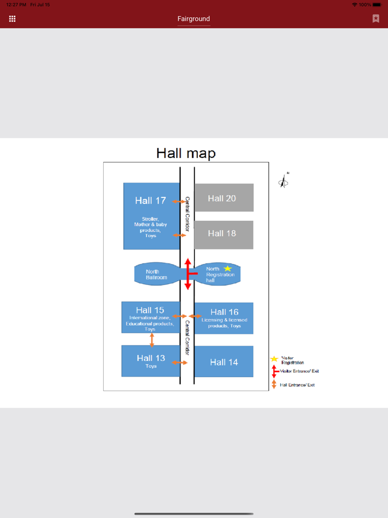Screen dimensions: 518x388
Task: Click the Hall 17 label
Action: (x=150, y=201)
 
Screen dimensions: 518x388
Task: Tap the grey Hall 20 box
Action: (x=223, y=198)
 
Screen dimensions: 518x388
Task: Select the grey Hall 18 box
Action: (x=223, y=233)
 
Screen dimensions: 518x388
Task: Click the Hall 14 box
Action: (x=224, y=362)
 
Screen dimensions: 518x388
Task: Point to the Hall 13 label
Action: (x=151, y=358)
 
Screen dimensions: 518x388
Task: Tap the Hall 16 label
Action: (x=224, y=312)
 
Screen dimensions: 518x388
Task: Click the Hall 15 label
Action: (x=150, y=311)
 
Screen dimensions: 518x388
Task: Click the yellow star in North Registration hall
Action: (x=228, y=269)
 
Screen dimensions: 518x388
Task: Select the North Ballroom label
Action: (x=156, y=275)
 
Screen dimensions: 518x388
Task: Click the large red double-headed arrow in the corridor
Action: (x=188, y=273)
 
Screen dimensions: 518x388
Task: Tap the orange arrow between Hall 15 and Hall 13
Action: (x=152, y=339)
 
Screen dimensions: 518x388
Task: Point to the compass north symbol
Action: (x=284, y=181)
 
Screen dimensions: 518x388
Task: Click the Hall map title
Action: (x=186, y=153)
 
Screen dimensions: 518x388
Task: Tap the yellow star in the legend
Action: (x=274, y=359)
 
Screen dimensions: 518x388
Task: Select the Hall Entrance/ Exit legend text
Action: (x=297, y=385)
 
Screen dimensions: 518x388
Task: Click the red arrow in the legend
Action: (x=274, y=372)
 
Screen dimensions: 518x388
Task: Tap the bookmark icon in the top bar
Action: (x=376, y=19)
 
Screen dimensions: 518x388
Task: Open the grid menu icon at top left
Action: (x=12, y=19)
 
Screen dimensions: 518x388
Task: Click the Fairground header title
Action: (x=193, y=19)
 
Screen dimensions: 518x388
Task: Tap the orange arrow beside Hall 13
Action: (x=180, y=363)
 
